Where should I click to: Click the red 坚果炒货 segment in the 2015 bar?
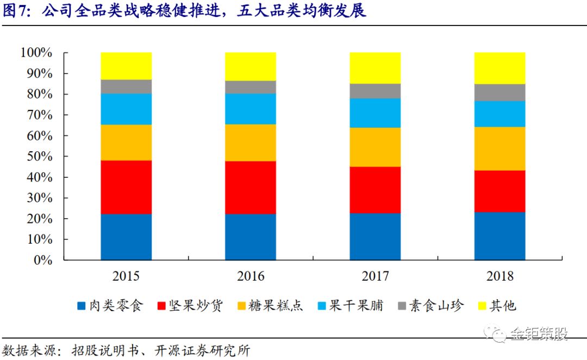click(126, 187)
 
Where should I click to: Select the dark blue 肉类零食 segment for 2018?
click(500, 236)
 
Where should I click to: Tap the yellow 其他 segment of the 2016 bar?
click(251, 67)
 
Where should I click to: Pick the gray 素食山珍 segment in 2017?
click(375, 91)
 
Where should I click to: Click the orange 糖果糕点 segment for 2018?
click(500, 148)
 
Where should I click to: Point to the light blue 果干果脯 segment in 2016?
click(251, 109)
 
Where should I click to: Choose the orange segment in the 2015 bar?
click(126, 142)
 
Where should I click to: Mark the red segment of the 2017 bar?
click(375, 190)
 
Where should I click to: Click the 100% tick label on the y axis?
click(36, 52)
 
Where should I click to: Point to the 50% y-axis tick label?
click(39, 156)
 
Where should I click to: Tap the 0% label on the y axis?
click(43, 260)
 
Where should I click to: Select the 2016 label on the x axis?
click(251, 276)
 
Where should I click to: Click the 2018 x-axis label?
click(500, 276)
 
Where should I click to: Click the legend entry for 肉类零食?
click(110, 306)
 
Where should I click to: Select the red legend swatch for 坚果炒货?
click(161, 306)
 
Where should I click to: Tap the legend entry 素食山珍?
click(430, 306)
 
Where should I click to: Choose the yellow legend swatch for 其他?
click(482, 306)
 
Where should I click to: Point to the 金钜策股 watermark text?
click(539, 333)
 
